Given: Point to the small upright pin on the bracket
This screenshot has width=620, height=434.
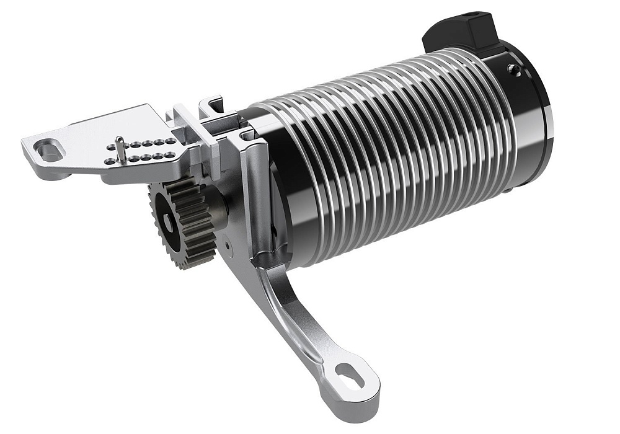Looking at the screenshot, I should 122,149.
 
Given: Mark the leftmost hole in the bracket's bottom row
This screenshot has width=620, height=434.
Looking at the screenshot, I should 109,162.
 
